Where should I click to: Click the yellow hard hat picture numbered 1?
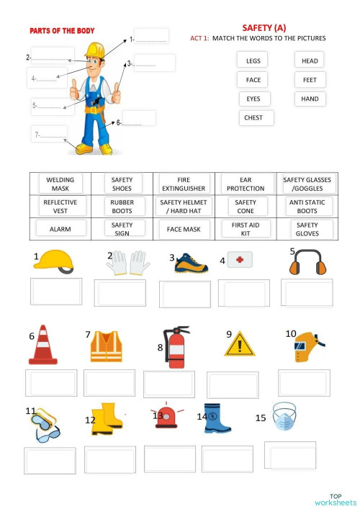click(x=54, y=261)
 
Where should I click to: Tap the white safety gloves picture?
click(x=128, y=263)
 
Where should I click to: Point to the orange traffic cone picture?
click(x=43, y=346)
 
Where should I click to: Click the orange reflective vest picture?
click(x=106, y=346)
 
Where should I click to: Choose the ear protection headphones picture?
click(x=305, y=263)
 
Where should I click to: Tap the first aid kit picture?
click(x=240, y=260)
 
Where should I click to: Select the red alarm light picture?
click(x=166, y=417)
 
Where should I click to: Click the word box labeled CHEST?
click(x=256, y=117)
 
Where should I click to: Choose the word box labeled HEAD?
click(x=310, y=60)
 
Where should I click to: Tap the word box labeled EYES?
click(x=254, y=99)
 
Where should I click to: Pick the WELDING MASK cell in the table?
click(x=60, y=184)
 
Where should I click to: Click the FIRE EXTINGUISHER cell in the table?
click(x=184, y=184)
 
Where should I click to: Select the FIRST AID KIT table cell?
click(x=246, y=229)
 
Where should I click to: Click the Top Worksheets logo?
click(x=335, y=499)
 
